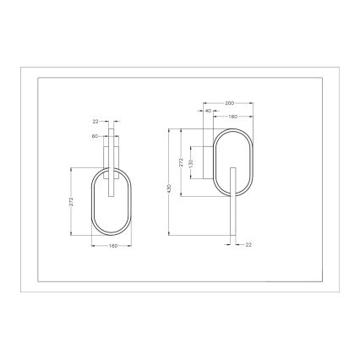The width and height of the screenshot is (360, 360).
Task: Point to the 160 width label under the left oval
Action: coord(112,247)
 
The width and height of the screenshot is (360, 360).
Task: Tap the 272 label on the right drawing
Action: coord(182,161)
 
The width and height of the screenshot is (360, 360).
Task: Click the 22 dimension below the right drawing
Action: coord(248,244)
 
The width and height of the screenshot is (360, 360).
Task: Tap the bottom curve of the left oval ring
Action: coord(112,235)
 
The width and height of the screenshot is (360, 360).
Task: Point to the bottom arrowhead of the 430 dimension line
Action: coord(170,234)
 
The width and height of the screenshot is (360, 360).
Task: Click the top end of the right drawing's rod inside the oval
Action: coord(232,168)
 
